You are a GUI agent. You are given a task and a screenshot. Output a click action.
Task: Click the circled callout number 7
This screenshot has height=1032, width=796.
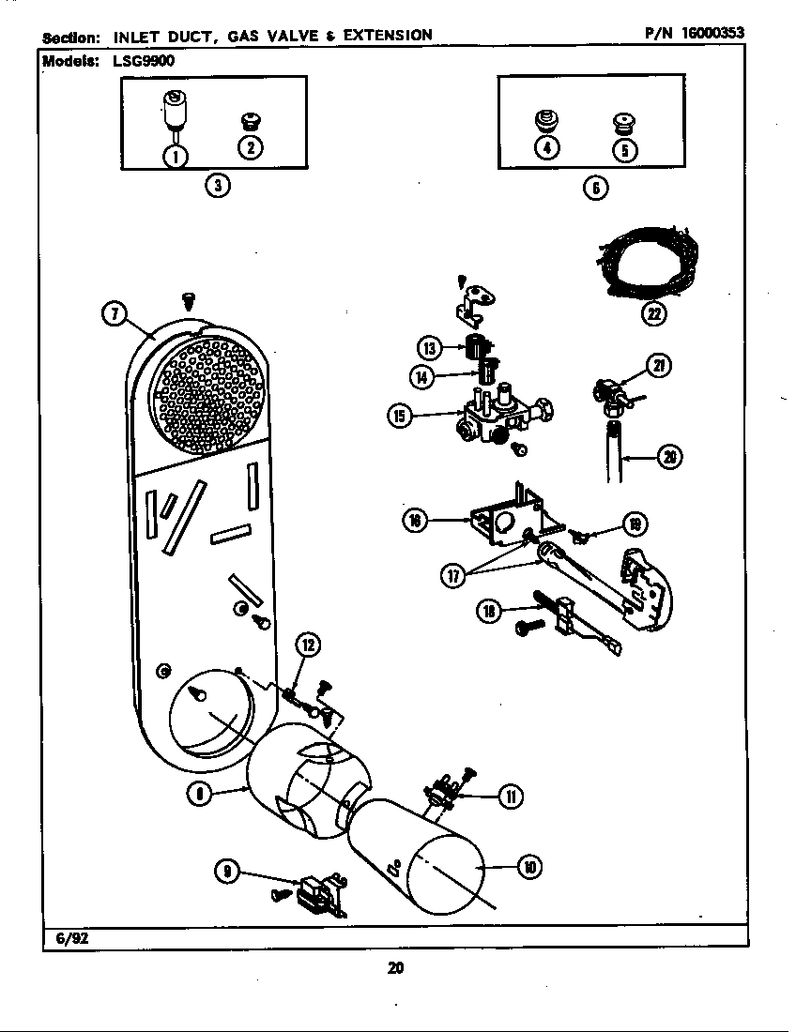click(115, 314)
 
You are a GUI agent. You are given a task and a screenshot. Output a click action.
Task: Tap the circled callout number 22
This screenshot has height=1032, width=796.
click(652, 314)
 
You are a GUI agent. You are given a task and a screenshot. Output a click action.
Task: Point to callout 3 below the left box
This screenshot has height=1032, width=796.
click(217, 186)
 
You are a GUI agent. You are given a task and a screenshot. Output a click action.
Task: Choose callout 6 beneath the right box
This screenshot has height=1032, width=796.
click(596, 188)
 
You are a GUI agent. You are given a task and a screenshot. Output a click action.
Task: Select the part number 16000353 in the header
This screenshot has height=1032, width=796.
click(713, 32)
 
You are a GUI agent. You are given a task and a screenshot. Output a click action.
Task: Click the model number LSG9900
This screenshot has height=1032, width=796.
click(140, 61)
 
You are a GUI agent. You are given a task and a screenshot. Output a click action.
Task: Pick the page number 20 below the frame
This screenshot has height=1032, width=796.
click(395, 968)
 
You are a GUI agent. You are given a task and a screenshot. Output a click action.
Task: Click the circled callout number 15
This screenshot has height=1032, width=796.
click(400, 416)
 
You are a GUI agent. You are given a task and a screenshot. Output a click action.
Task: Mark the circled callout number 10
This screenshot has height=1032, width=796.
click(530, 868)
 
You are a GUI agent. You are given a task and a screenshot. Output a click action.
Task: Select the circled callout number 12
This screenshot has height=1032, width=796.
click(309, 645)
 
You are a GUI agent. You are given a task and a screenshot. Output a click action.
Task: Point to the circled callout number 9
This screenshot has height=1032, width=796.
click(227, 872)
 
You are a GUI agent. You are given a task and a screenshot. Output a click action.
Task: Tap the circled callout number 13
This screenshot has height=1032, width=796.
click(430, 347)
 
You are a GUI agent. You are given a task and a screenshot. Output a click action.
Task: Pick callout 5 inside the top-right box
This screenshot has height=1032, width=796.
click(625, 150)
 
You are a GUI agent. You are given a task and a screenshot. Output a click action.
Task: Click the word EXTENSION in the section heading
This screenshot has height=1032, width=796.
click(388, 35)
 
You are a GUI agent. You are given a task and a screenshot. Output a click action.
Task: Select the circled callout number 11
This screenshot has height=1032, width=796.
click(511, 797)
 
